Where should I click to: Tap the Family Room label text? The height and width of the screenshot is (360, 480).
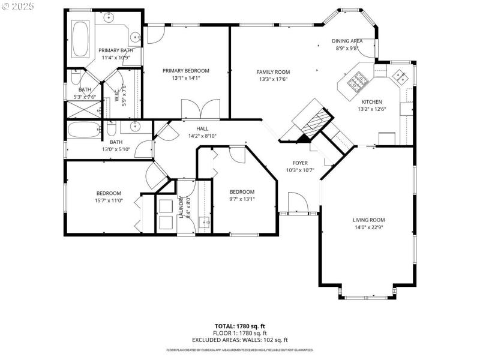pos(273,71)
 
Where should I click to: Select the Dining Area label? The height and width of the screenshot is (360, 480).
pos(347,41)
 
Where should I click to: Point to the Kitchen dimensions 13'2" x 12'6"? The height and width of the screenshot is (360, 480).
pos(371,109)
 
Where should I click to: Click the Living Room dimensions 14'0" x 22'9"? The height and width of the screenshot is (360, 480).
pos(368,227)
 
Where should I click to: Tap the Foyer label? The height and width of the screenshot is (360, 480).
pos(300,163)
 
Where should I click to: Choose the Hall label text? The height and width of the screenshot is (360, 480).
pos(202,128)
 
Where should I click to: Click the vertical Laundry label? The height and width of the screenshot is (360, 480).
pos(180,207)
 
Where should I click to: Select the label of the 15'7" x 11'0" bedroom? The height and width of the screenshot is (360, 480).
pos(109,193)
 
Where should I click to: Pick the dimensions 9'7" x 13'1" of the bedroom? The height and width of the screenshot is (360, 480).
pos(242,199)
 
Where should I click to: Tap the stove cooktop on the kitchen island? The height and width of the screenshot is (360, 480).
pos(359,79)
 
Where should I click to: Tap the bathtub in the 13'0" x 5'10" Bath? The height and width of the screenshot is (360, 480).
pos(83,130)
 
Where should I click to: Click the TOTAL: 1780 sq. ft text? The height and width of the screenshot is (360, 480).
pos(240,325)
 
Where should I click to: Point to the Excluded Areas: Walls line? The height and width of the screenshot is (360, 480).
pos(240,340)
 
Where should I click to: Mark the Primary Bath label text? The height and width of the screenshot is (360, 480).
pos(116,50)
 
